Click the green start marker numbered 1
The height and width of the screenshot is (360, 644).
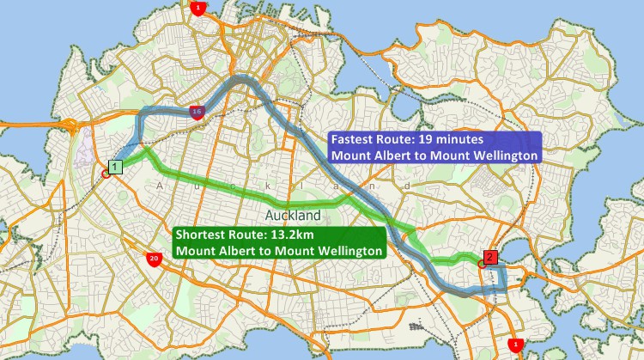(116, 167)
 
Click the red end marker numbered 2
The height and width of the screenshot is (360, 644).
(489, 257)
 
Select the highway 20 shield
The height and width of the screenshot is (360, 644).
(154, 258)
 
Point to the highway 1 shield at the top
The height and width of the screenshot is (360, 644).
(199, 8)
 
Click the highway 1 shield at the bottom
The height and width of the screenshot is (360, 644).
(515, 345)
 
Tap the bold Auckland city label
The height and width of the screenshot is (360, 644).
(293, 215)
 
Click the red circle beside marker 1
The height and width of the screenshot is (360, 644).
(106, 174)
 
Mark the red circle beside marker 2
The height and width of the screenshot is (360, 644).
(481, 264)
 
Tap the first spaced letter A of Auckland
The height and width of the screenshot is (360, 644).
(160, 186)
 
